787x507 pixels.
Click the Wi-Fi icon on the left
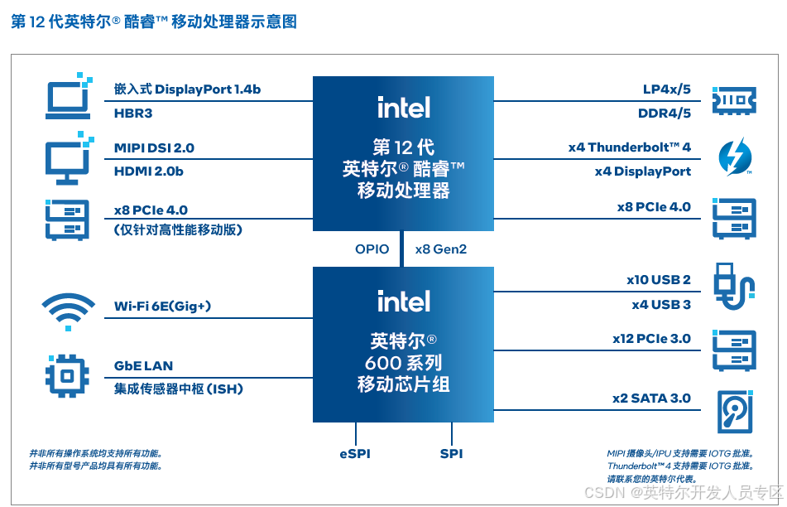(x=68, y=311)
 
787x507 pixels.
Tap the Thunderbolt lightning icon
(x=733, y=157)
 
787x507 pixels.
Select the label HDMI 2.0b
(x=149, y=171)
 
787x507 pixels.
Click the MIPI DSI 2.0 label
(x=155, y=148)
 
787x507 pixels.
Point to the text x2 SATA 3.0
(x=651, y=398)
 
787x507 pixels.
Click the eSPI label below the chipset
(x=355, y=454)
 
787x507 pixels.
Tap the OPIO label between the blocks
(x=372, y=249)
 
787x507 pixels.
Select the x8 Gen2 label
(x=440, y=249)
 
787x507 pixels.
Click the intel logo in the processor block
(x=403, y=107)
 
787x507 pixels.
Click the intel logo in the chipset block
(x=403, y=301)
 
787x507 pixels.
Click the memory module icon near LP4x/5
(x=734, y=99)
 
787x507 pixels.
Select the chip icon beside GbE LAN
(x=67, y=374)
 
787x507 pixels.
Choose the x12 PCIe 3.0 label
(x=651, y=339)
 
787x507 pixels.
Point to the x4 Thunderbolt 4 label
(x=629, y=147)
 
